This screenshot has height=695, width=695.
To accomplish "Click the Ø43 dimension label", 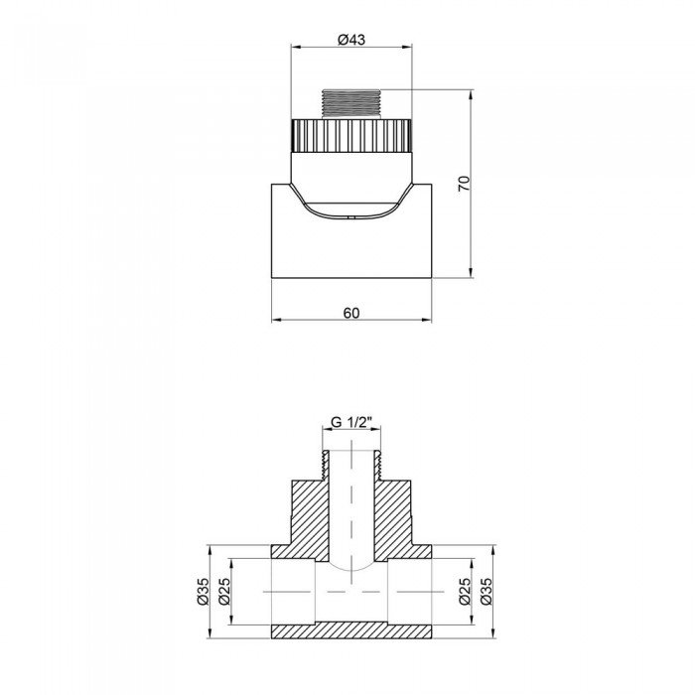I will point(351,39).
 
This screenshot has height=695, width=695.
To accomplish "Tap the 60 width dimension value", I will point(350,312).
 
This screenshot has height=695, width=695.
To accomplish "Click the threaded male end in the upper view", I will point(352,103).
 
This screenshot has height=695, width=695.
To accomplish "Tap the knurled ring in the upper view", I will point(351,133).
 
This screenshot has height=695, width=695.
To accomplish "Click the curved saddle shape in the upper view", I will point(351,204).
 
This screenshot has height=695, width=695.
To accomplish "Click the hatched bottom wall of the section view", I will point(351,629).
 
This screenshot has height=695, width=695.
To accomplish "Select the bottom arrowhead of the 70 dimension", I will point(468,275).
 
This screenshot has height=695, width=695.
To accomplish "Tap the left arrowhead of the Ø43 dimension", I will point(294,47).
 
